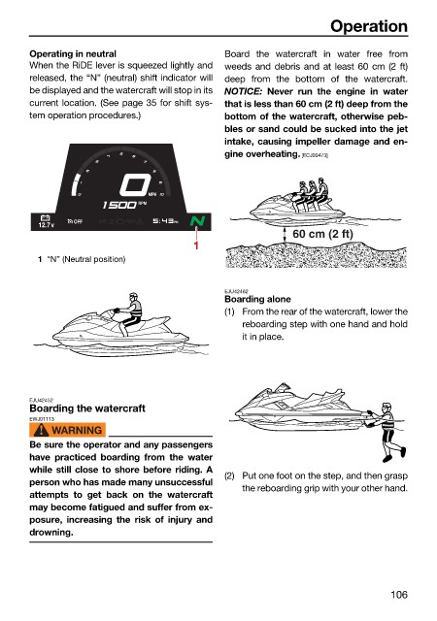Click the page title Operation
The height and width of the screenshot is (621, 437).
coord(369,26)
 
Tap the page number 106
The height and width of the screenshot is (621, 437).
coord(399,595)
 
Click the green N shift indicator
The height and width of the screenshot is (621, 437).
coord(197,221)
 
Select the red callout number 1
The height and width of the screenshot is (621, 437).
coord(196,245)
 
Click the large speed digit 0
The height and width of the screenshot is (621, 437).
coord(135,185)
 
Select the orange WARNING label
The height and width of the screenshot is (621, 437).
coord(67,430)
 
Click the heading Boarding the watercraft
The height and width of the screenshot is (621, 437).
coord(87,409)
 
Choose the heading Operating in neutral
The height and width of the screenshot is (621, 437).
coord(73,54)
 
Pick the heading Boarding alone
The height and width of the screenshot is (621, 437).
coord(257,299)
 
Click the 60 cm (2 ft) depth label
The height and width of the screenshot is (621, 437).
coord(322,234)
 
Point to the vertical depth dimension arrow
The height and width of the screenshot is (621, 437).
coord(285,235)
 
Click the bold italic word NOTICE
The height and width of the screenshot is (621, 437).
coord(244,91)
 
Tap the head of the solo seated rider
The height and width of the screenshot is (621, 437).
coord(134,297)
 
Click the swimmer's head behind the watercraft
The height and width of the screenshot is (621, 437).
coord(387,409)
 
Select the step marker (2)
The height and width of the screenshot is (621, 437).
coord(229,475)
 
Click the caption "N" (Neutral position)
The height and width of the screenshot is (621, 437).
coord(86,259)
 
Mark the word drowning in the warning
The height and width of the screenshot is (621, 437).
coord(51,533)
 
